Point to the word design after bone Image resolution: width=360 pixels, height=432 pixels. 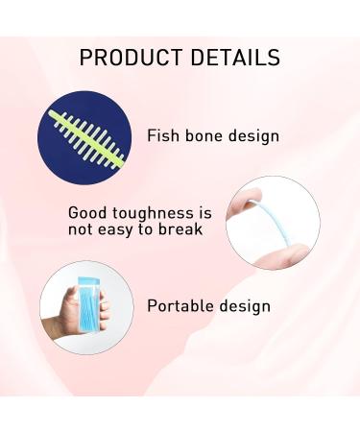tap(252, 135)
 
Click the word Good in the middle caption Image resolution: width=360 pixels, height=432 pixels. tap(87, 212)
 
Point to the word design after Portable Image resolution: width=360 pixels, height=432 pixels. tap(245, 307)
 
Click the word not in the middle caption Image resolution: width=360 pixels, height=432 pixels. tap(82, 229)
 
